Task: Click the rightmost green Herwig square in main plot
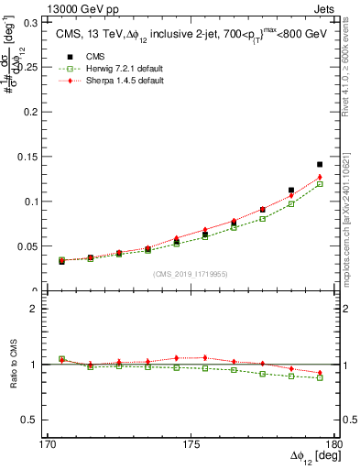[320, 184]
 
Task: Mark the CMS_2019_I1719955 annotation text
[190, 274]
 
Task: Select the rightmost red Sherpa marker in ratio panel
[320, 373]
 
